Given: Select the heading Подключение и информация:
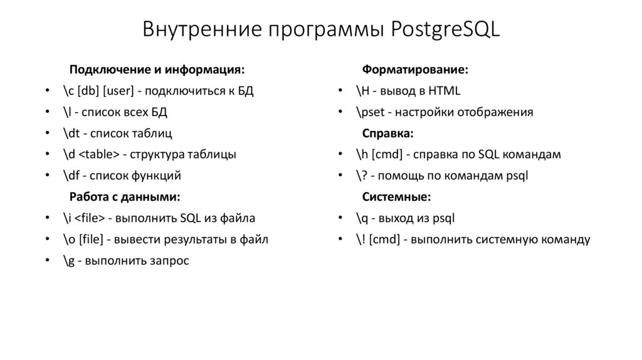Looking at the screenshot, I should pos(157,69).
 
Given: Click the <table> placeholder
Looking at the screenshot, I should pos(99,154).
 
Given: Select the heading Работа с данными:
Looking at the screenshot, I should pos(124,197).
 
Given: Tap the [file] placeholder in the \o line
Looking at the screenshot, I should pos(90,240).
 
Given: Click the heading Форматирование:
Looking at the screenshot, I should pos(415,69).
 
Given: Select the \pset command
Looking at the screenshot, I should pos(369,112).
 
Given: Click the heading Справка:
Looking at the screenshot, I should pos(388,133).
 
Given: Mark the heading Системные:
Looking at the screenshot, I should pos(396,197).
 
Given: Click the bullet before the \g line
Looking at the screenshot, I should pos(48,261).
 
